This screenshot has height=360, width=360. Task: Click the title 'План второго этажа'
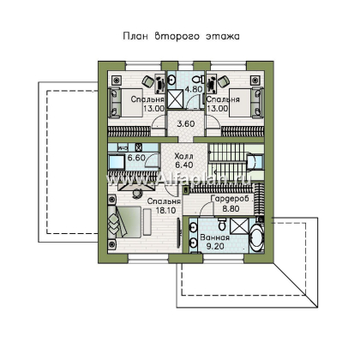click(179, 37)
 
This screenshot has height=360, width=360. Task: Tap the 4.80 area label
click(194, 87)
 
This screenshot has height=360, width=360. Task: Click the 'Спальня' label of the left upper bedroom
click(148, 99)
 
